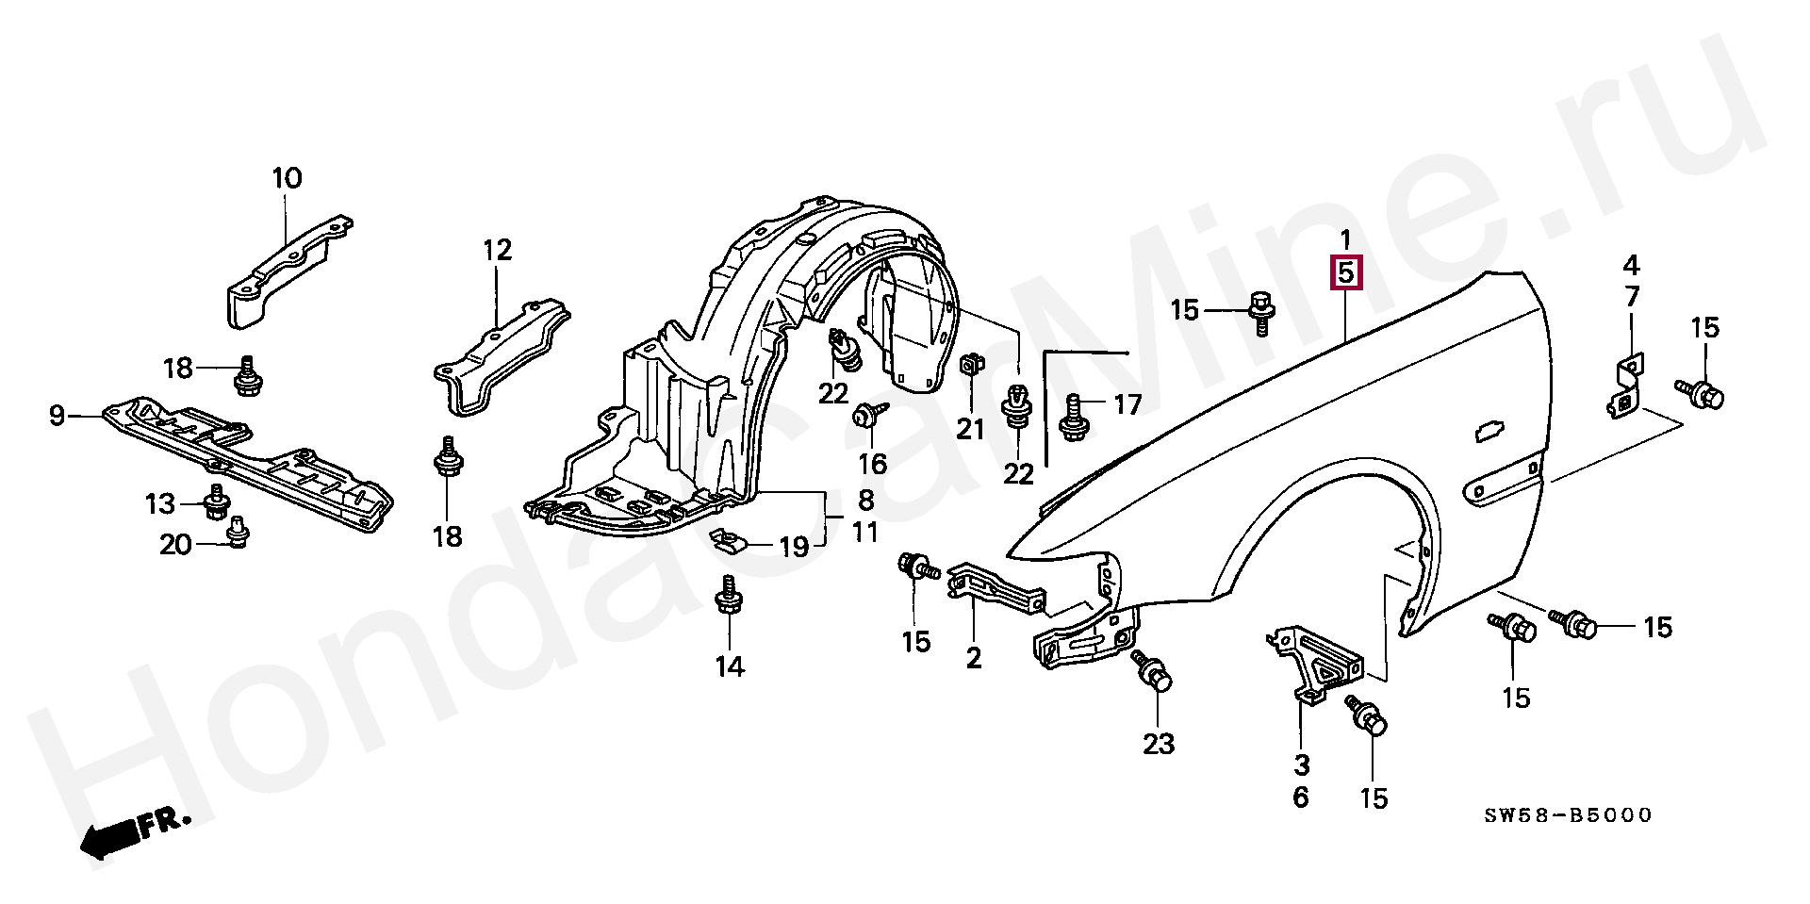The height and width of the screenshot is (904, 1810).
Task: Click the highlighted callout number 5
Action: click(1345, 273)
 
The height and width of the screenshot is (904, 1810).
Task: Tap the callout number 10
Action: click(287, 178)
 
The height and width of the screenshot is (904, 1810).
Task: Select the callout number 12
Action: click(497, 251)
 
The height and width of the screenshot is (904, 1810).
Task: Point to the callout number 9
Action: click(58, 415)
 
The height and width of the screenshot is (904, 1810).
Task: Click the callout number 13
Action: click(160, 504)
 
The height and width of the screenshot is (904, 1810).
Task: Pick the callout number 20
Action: click(175, 544)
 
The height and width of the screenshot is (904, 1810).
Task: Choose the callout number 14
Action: click(729, 667)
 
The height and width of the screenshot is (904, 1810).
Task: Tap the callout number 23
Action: click(1159, 744)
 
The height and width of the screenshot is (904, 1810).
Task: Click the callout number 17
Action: click(1127, 405)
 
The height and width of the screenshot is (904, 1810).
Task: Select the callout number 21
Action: click(970, 430)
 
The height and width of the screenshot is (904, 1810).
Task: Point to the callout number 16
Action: click(873, 463)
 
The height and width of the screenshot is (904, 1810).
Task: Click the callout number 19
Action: click(794, 547)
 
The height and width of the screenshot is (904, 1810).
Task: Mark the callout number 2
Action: click(973, 658)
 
